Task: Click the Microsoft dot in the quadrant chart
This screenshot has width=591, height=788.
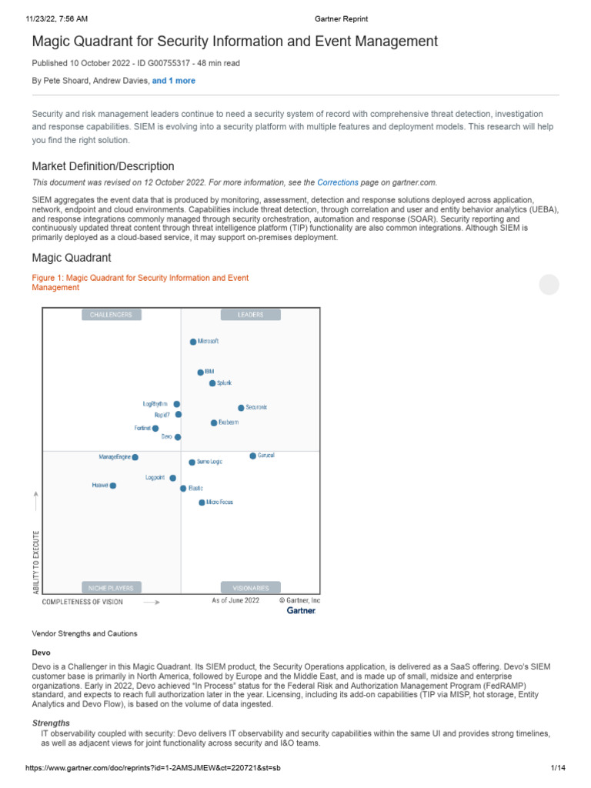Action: pyautogui.click(x=193, y=341)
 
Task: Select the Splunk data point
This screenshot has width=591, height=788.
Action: pyautogui.click(x=212, y=383)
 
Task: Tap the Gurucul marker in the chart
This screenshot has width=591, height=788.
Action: pyautogui.click(x=252, y=456)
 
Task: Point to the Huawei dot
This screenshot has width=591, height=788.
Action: pyautogui.click(x=113, y=486)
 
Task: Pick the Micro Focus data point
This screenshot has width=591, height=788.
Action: pyautogui.click(x=202, y=503)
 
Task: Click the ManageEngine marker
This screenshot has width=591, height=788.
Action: pyautogui.click(x=135, y=457)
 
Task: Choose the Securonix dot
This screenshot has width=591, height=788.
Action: pyautogui.click(x=241, y=408)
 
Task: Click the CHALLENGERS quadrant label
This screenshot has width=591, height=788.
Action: pyautogui.click(x=111, y=315)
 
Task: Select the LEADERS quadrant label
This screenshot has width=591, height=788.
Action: pyautogui.click(x=251, y=315)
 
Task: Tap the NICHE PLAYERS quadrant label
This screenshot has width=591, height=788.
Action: pyautogui.click(x=111, y=588)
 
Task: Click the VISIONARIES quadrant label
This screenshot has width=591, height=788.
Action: pyautogui.click(x=251, y=588)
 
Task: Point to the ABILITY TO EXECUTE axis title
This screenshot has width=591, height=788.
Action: pyautogui.click(x=36, y=561)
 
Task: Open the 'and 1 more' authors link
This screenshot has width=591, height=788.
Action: pyautogui.click(x=173, y=81)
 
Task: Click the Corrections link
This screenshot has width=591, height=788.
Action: pyautogui.click(x=338, y=183)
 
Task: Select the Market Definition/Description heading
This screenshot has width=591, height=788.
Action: pyautogui.click(x=103, y=166)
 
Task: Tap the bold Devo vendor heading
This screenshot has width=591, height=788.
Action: pyautogui.click(x=41, y=652)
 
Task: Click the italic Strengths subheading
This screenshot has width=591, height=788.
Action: pyautogui.click(x=51, y=723)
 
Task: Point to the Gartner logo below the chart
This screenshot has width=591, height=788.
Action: pyautogui.click(x=302, y=611)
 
